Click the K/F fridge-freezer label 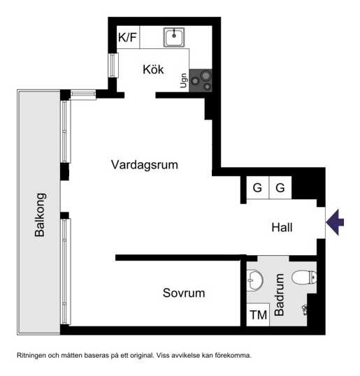[x=127, y=38]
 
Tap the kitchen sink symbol [x=174, y=37]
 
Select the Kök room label [x=153, y=69]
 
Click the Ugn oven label [x=184, y=81]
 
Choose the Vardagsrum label [x=144, y=165]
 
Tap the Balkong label [x=41, y=215]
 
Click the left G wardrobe [x=257, y=187]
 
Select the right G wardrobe [x=280, y=187]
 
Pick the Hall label [x=282, y=227]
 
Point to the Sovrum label [x=184, y=293]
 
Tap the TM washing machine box [x=259, y=315]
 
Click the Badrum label [x=280, y=296]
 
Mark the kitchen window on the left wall [x=112, y=65]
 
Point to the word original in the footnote [x=138, y=356]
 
